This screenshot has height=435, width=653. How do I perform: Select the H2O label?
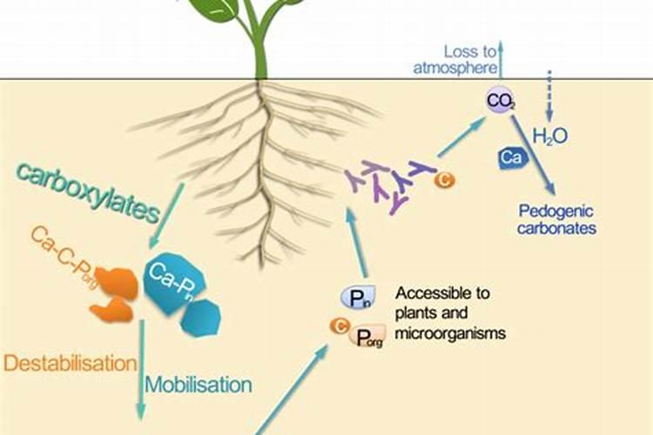[x=550, y=137]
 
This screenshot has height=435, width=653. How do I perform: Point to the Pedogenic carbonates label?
[x=556, y=219]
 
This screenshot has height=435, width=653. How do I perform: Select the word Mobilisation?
[x=199, y=384]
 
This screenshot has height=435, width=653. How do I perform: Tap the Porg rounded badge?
[x=366, y=335]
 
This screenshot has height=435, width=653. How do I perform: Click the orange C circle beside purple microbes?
[x=444, y=179]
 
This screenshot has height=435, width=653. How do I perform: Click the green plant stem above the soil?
[x=260, y=48]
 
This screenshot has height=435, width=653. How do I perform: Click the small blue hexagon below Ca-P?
[x=201, y=317]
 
